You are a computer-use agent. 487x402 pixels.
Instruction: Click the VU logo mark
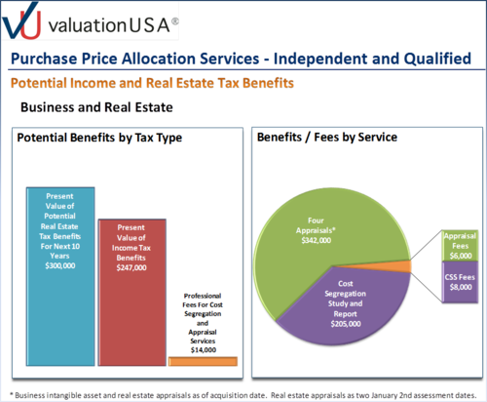(21, 20)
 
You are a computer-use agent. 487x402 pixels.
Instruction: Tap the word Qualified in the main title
(437, 59)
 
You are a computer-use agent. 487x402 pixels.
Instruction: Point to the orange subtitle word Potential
(39, 83)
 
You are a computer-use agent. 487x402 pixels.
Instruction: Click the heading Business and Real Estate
(96, 107)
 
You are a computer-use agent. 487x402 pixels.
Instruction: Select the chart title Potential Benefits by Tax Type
(99, 138)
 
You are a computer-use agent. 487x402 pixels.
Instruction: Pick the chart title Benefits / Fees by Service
(327, 138)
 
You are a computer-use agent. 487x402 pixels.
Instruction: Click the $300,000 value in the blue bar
(60, 265)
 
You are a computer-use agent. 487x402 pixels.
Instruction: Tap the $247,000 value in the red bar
(131, 267)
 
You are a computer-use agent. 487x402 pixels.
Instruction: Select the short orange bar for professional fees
(203, 361)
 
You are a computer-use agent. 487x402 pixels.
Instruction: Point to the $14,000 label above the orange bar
(204, 350)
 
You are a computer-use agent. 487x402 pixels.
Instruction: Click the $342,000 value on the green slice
(317, 240)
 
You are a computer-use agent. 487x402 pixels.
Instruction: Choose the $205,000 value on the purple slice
(346, 324)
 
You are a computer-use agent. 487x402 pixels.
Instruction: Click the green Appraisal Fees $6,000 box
(460, 246)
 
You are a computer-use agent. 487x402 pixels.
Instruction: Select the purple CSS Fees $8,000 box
(460, 282)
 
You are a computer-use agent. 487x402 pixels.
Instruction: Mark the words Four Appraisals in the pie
(316, 225)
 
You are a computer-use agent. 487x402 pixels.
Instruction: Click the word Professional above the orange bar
(203, 296)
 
